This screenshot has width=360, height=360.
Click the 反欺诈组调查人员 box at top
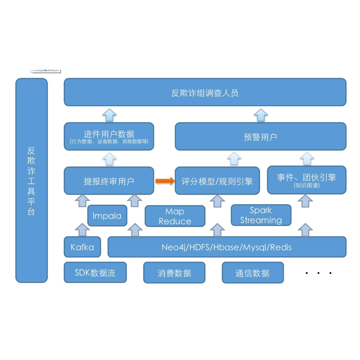205,92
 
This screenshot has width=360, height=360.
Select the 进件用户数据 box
109,136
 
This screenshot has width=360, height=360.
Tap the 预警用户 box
260,137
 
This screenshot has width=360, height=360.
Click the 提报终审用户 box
109,181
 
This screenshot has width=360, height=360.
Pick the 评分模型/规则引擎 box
217,181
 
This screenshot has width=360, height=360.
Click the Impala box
107,215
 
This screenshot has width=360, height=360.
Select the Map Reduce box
174,216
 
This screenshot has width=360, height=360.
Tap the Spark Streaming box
261,215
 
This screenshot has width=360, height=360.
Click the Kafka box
82,247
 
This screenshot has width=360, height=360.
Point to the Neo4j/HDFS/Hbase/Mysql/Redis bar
227,247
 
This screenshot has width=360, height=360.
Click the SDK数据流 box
95,273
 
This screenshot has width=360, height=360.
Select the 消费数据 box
174,273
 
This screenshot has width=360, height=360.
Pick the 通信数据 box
253,273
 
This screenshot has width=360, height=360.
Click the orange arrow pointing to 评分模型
164,181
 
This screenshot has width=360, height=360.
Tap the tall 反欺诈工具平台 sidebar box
31,180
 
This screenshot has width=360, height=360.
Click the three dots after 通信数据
318,273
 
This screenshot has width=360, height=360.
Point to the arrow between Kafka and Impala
82,229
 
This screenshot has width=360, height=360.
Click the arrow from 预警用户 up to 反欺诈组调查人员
260,115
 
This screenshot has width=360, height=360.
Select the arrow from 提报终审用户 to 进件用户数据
109,159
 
